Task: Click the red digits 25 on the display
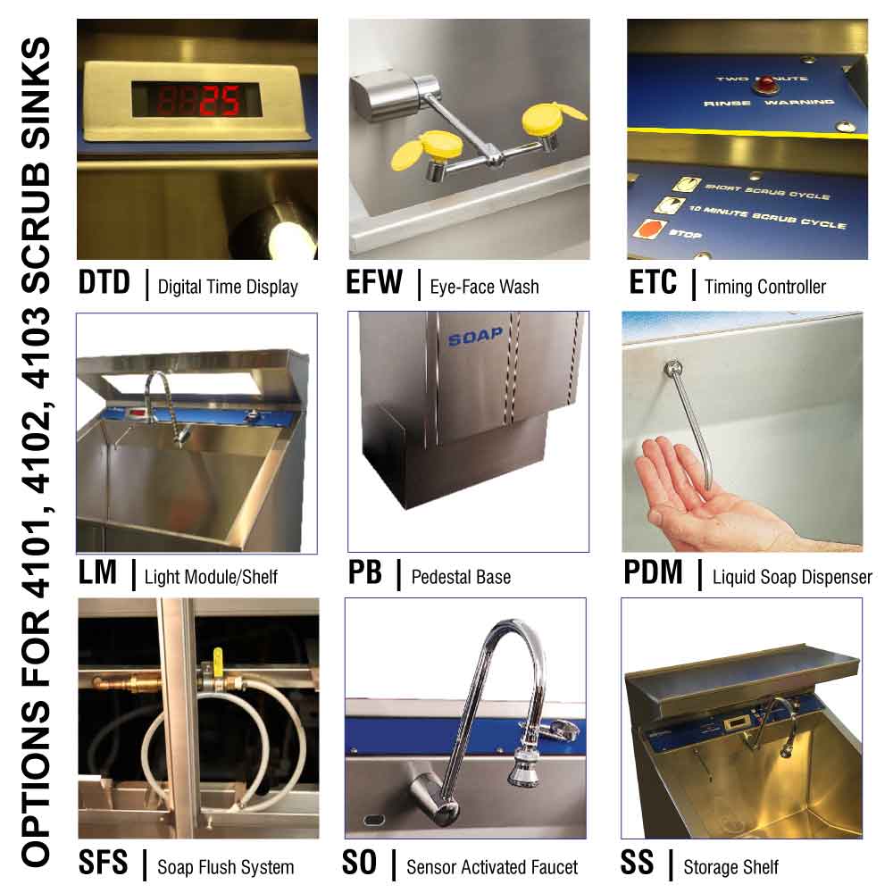pos(218,102)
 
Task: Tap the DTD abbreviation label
pos(104,283)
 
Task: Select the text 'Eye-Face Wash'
pos(484,287)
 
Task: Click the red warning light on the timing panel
pos(764,85)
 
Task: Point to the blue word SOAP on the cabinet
pos(475,338)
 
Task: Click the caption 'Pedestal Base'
pos(461,577)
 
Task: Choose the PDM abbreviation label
pos(653,573)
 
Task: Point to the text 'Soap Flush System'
pos(225,867)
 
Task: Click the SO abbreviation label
pos(360,864)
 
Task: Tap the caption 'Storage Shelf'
pos(730,867)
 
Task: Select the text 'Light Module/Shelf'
pos(211,577)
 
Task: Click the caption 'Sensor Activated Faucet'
pos(491,867)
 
